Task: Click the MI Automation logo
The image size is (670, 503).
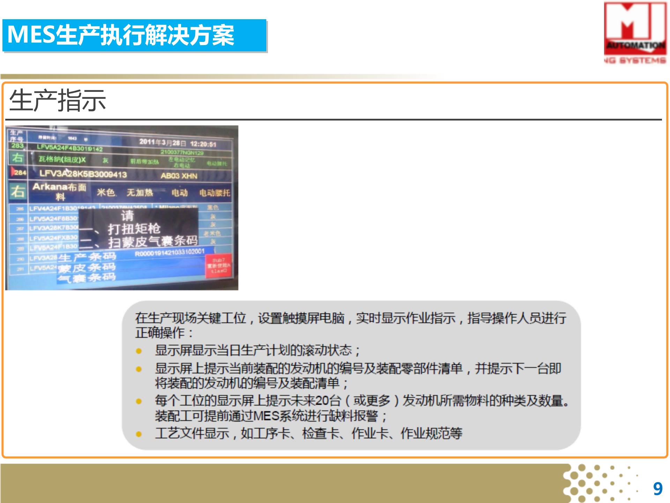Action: pyautogui.click(x=635, y=33)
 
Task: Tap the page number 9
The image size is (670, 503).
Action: pyautogui.click(x=658, y=489)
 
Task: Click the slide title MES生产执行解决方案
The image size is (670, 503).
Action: pyautogui.click(x=120, y=35)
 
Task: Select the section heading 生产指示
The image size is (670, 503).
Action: pyautogui.click(x=58, y=101)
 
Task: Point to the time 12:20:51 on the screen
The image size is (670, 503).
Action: pyautogui.click(x=203, y=144)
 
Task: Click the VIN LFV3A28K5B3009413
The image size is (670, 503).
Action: pyautogui.click(x=83, y=174)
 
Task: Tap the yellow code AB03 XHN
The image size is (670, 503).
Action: pyautogui.click(x=179, y=176)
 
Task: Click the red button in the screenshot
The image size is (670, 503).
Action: pyautogui.click(x=218, y=266)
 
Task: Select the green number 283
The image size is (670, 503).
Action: pyautogui.click(x=17, y=146)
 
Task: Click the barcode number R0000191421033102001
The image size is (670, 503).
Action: pyautogui.click(x=170, y=252)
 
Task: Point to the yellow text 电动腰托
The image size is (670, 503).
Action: pyautogui.click(x=215, y=193)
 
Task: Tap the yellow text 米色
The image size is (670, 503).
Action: pyautogui.click(x=106, y=192)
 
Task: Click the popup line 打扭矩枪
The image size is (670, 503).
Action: pyautogui.click(x=134, y=229)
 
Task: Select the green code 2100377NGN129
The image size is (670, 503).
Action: pyautogui.click(x=182, y=152)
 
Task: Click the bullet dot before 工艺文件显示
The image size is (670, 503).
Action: pyautogui.click(x=139, y=434)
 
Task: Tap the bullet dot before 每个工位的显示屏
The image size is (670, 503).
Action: pyautogui.click(x=139, y=401)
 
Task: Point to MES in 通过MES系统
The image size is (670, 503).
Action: pyautogui.click(x=266, y=416)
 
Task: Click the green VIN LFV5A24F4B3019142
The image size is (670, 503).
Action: pyautogui.click(x=70, y=148)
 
